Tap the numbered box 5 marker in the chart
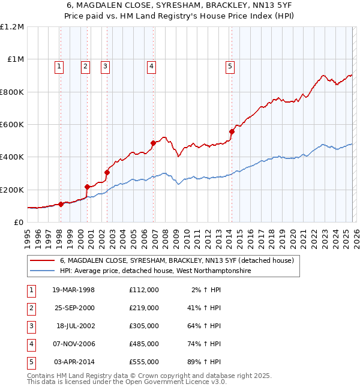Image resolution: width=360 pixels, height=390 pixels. (x=231, y=67)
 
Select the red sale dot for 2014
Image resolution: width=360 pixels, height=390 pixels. (x=232, y=131)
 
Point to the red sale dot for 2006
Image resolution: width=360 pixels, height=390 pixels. (x=153, y=143)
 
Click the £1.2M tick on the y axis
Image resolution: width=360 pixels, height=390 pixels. (x=12, y=27)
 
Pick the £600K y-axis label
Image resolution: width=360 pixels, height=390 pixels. (x=12, y=125)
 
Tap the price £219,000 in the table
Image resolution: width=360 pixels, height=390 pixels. (x=143, y=308)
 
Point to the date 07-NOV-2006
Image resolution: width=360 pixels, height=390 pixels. (x=74, y=344)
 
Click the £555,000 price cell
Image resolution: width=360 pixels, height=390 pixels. (x=143, y=362)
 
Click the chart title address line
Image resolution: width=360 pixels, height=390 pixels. (x=180, y=6)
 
